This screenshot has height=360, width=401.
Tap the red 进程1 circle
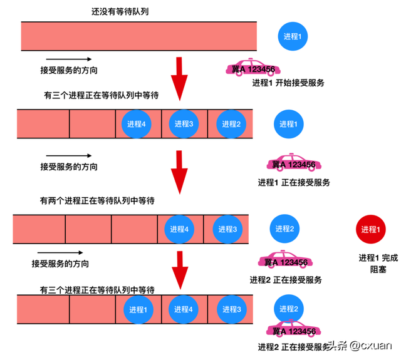[370, 229]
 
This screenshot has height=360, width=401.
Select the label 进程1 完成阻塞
[378, 264]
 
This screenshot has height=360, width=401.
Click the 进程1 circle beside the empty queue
[293, 37]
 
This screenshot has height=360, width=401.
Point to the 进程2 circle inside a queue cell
[229, 124]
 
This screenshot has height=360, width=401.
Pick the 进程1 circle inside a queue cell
[137, 309]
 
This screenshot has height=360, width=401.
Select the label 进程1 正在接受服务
[293, 183]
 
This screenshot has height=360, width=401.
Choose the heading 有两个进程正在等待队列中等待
[97, 201]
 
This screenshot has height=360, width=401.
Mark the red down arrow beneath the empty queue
[180, 78]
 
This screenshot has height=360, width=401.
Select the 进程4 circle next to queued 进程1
[182, 309]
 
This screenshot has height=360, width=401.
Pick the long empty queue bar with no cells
[139, 36]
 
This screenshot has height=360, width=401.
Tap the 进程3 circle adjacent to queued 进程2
[184, 124]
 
